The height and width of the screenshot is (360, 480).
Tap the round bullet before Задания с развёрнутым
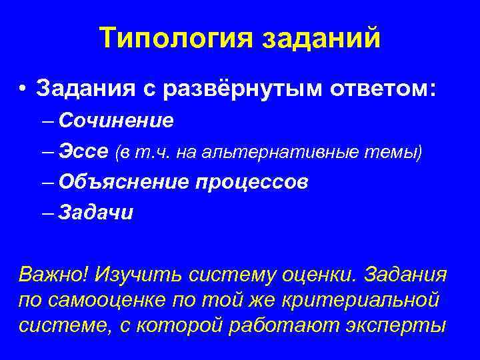coord(23,89)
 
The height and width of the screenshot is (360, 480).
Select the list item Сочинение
coord(116,121)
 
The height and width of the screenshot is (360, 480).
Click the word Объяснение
coord(124,182)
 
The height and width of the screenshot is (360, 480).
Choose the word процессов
coord(251,182)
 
